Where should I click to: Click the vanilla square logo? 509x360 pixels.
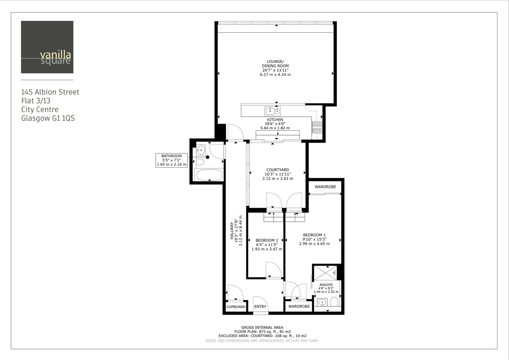[x=47, y=47]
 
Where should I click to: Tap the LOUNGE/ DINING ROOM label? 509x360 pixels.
[x=275, y=68]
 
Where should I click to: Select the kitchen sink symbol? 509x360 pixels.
[x=273, y=111]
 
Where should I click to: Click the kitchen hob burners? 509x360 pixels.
[x=317, y=127]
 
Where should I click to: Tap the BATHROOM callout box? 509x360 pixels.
[x=171, y=160]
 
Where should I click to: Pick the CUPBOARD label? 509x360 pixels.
[x=236, y=307]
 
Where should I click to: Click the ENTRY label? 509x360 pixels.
[x=260, y=307]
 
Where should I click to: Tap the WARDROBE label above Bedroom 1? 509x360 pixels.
[x=325, y=187]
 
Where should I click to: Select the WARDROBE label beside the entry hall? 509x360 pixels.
[x=299, y=307]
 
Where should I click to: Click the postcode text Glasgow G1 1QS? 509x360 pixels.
[x=48, y=118]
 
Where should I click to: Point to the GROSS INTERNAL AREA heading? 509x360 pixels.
[x=262, y=327]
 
